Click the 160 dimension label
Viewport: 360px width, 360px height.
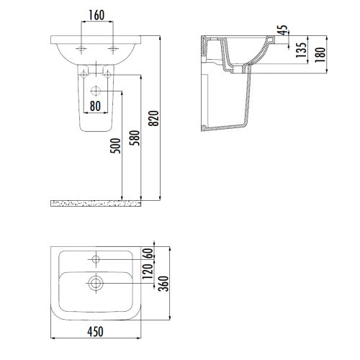(x=99, y=14)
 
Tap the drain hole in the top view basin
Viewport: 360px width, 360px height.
(x=94, y=282)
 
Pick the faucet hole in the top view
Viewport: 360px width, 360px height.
(x=94, y=258)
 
